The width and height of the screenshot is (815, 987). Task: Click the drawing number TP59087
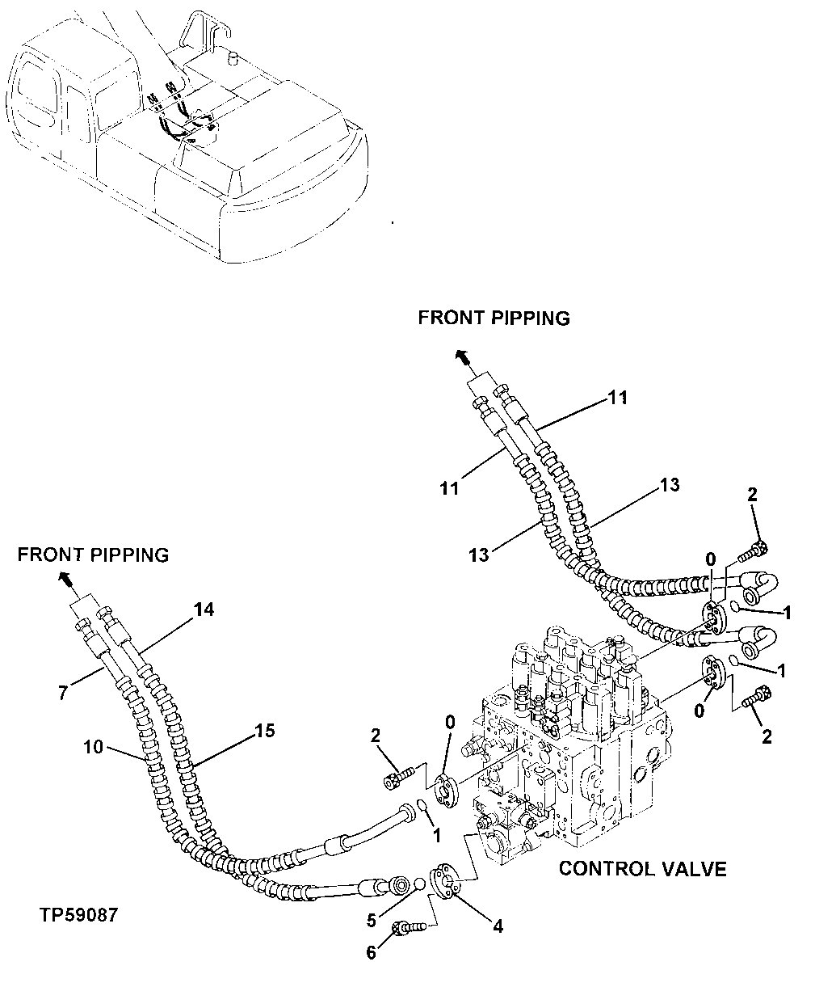[78, 916]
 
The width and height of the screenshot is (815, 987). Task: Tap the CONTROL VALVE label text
[642, 869]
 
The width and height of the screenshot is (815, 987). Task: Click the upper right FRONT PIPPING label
[494, 318]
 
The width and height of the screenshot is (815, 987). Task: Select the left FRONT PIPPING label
[93, 555]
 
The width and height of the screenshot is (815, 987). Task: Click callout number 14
[204, 610]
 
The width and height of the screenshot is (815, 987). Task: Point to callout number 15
[265, 731]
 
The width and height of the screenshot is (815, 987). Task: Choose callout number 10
[94, 746]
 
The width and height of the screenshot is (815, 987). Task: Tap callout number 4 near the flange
[498, 926]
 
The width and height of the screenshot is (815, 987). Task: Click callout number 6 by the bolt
[371, 953]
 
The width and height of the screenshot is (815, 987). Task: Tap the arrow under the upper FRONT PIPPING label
[462, 356]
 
